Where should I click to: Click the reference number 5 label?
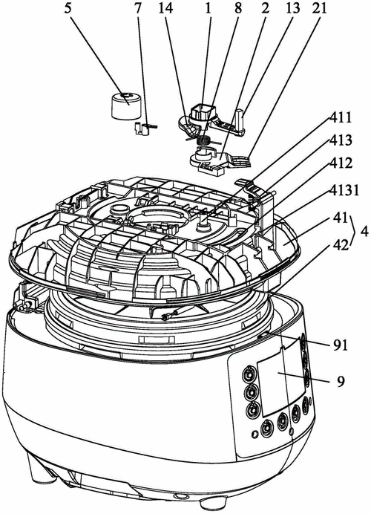68,8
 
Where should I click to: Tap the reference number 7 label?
137,8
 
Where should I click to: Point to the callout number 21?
318,8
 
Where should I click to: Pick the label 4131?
342,191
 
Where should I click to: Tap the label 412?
340,163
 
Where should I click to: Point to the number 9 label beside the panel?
341,382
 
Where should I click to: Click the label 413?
340,140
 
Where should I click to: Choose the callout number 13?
292,8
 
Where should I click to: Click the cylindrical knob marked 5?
125,105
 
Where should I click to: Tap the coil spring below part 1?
204,141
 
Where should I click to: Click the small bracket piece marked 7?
142,128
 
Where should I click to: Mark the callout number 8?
238,8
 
